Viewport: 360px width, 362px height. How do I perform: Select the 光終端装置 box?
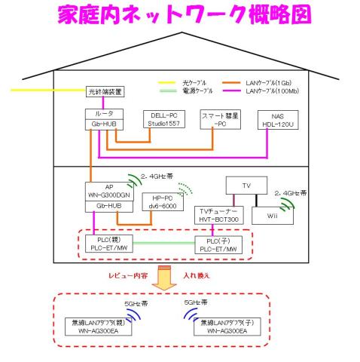click(105, 92)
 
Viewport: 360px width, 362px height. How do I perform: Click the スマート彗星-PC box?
click(219, 119)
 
